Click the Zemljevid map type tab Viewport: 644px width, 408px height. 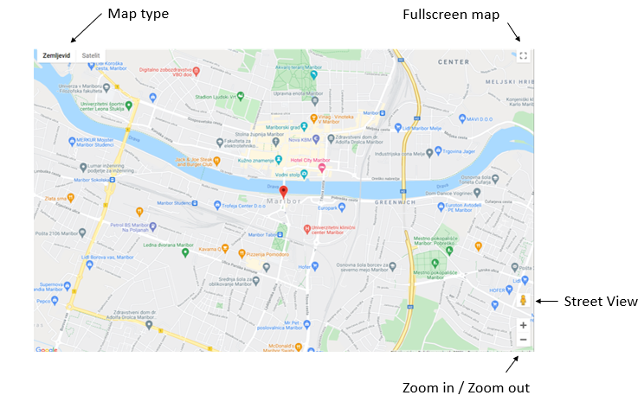tap(55, 55)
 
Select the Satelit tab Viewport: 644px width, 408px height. tap(91, 55)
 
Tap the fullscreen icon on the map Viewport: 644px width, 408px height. tap(523, 56)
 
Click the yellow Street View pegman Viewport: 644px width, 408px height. tap(523, 300)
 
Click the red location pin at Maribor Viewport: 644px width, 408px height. tap(283, 190)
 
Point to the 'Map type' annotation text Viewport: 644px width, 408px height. tap(138, 14)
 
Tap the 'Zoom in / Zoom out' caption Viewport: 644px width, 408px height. tap(466, 387)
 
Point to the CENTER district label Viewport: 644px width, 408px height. tap(454, 62)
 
